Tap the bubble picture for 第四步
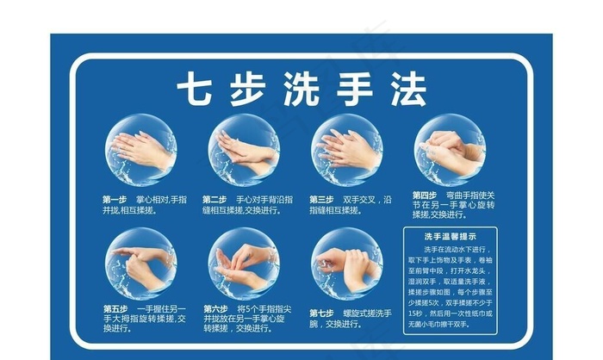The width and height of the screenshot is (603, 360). click(449, 150)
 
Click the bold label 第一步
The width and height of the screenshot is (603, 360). click(115, 199)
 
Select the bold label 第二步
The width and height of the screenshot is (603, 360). click(214, 199)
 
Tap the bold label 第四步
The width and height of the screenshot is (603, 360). click(424, 195)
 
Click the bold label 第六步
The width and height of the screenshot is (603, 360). click(215, 307)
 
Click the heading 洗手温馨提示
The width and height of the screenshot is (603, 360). click(450, 235)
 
